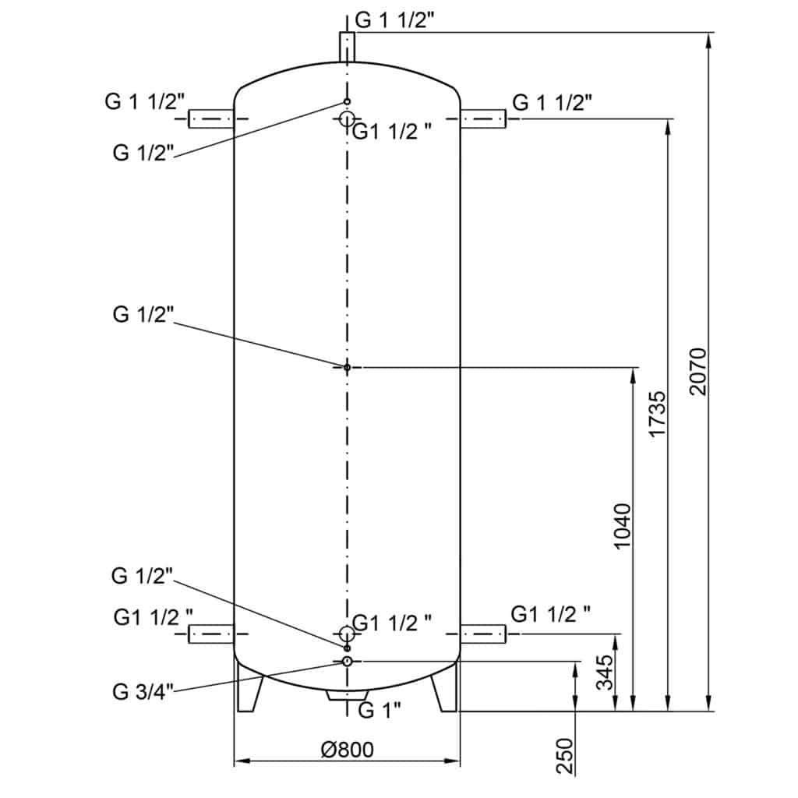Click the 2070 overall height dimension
tap(697, 372)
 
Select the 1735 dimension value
tap(656, 414)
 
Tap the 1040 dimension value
tap(622, 526)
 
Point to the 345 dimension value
tap(605, 673)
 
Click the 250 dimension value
tap(565, 756)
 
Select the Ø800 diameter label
tap(347, 750)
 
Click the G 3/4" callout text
tap(143, 692)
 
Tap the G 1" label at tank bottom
tap(380, 710)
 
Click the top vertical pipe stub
tap(347, 48)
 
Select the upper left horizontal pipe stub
tap(211, 118)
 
